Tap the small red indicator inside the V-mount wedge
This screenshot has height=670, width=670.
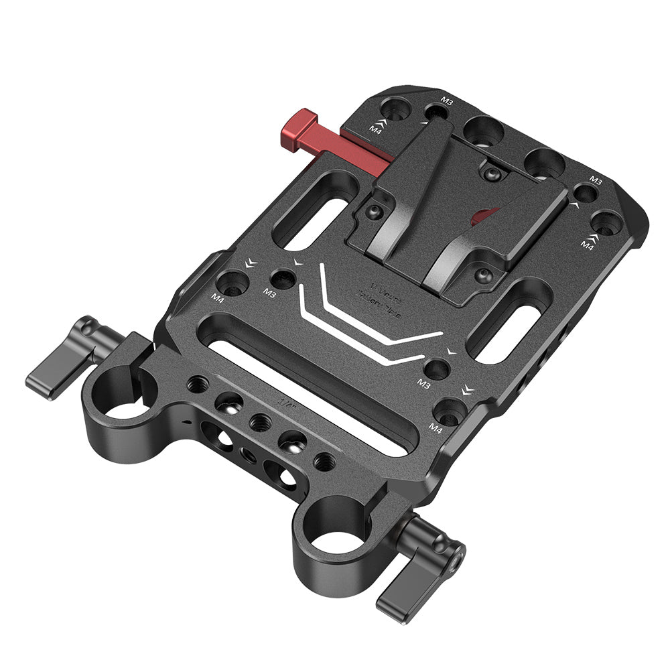click(483, 216)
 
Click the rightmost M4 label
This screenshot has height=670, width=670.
click(588, 246)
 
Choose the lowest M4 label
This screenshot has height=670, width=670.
click(435, 427)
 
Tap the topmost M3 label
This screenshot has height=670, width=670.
click(447, 100)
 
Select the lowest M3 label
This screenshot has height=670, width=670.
click(423, 383)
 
